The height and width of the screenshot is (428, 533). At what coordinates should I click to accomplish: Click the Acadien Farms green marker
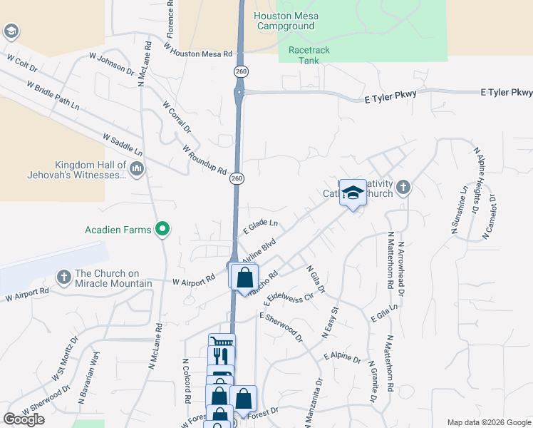tap(163, 229)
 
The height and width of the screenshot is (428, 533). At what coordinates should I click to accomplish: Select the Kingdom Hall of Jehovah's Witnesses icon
tap(138, 169)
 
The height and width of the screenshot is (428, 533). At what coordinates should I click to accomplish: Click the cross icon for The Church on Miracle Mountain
tap(63, 277)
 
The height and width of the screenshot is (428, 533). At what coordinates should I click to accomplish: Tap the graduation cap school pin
tap(352, 193)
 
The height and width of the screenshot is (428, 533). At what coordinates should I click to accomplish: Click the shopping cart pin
tap(221, 344)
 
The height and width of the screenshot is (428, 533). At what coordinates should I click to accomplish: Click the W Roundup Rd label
tap(204, 160)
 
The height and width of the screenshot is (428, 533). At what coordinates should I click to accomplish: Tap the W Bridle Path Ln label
tap(53, 95)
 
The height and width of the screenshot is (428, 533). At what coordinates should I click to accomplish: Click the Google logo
tap(24, 419)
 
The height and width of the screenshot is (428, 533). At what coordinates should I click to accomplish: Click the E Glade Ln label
tap(259, 226)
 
